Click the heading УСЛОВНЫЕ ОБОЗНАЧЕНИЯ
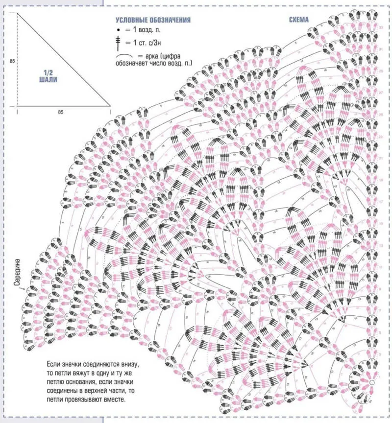pos(152,20)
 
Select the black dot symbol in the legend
pos(118,30)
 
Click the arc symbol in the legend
pos(125,57)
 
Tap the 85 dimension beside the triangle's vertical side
pos(12,61)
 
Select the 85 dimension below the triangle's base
pos(60,112)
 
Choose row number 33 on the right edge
pos(382,27)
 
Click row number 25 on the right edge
pos(382,114)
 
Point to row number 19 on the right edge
pos(382,180)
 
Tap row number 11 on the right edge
pos(382,267)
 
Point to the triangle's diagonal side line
pos(64,59)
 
